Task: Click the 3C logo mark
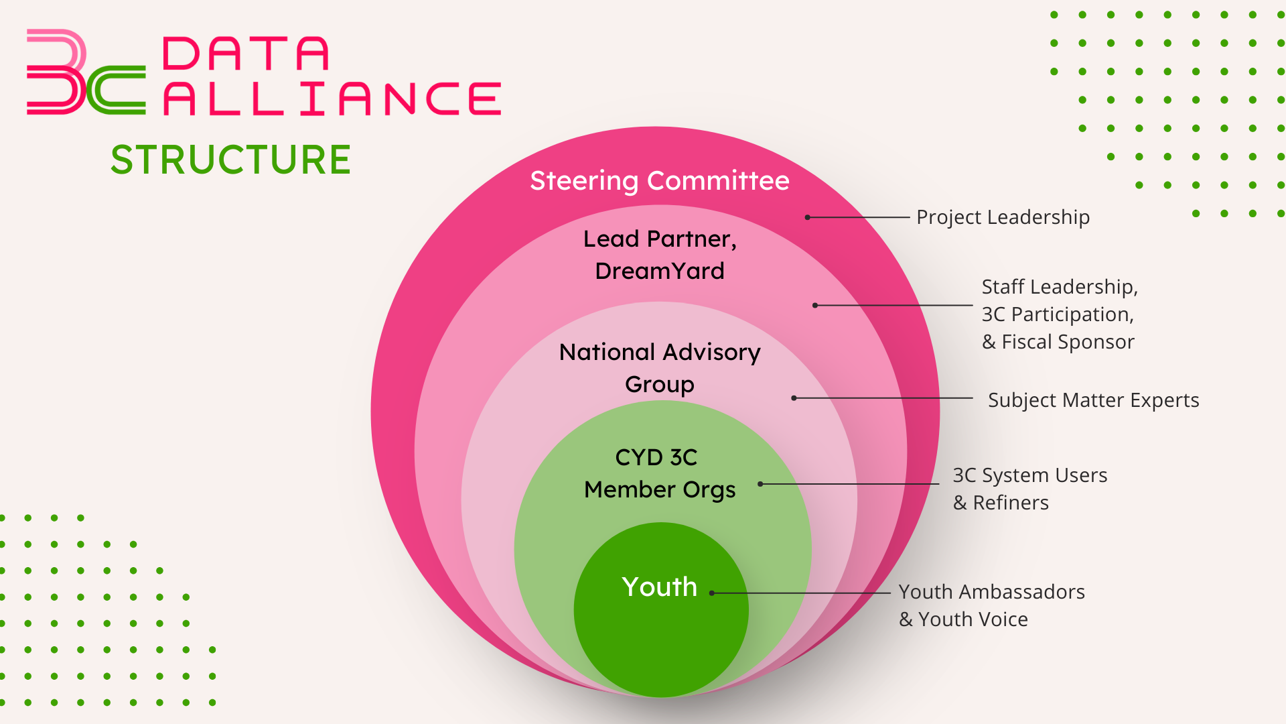pos(86,72)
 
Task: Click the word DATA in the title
pos(246,54)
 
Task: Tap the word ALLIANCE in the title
pos(332,99)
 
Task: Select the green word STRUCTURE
pos(230,160)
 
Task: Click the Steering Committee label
pos(660,180)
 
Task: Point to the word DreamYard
pos(660,270)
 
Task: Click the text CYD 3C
pos(656,457)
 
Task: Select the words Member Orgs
pos(660,489)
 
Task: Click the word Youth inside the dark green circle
pos(660,587)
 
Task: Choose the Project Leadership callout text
pos(1003,217)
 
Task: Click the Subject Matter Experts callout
pos(1093,400)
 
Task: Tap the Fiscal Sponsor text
pos(1068,342)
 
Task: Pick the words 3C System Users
pos(1030,475)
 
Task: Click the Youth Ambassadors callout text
pos(991,592)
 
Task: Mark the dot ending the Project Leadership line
pos(808,217)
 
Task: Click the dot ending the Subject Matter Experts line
pos(794,398)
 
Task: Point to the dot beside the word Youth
pos(712,593)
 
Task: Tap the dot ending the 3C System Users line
pos(760,484)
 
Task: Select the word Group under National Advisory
pos(660,384)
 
